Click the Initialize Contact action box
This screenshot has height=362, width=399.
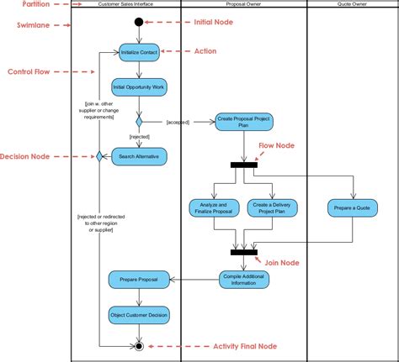coord(139,52)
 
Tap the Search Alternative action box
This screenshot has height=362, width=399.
coord(139,156)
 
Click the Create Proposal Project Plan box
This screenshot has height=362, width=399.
coord(243,122)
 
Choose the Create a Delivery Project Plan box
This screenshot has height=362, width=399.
coord(269,207)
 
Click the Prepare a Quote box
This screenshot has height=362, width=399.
coord(352,207)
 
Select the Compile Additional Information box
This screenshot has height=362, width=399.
coord(243,279)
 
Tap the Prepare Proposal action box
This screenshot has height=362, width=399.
coord(139,279)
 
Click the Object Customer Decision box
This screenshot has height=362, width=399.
coord(139,315)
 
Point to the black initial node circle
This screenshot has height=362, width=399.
coord(139,22)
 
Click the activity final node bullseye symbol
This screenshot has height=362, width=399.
coord(139,345)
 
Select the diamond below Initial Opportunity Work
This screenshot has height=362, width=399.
coord(139,121)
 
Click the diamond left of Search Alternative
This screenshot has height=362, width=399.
coord(99,156)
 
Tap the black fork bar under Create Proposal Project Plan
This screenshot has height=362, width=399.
coord(243,165)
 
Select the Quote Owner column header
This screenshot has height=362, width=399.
coord(352,4)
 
